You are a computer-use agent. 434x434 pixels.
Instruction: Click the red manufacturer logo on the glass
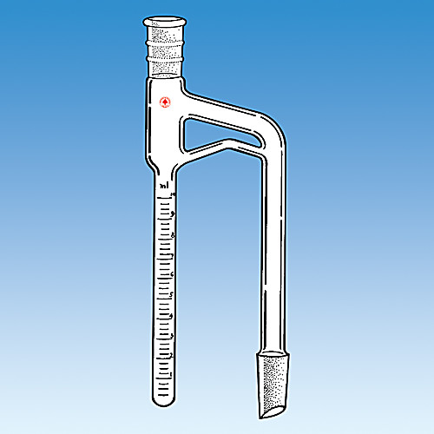(164, 102)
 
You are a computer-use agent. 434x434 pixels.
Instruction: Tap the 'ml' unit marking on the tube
(164, 186)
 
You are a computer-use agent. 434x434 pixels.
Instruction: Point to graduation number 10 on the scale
(174, 195)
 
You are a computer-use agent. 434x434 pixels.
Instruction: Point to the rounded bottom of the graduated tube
(164, 400)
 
